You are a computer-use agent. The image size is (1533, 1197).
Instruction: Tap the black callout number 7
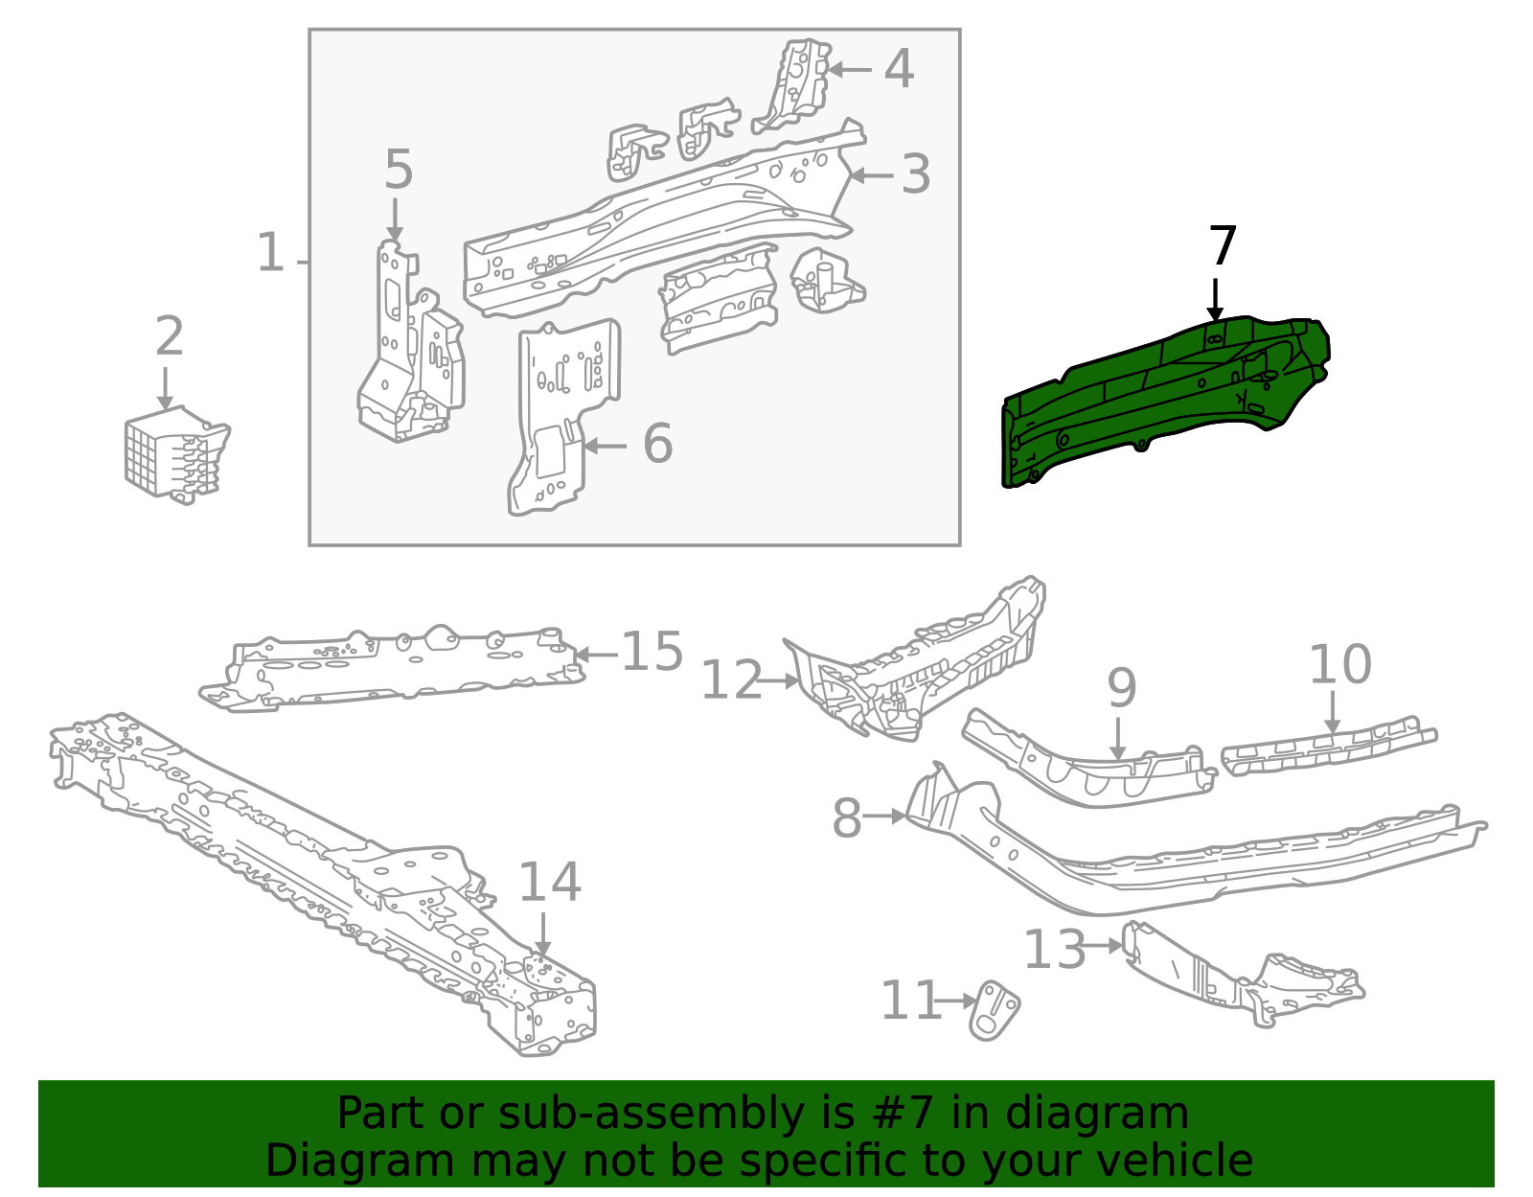1223,247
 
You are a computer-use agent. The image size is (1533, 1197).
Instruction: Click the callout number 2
170,337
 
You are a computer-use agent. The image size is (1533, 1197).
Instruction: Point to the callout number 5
398,171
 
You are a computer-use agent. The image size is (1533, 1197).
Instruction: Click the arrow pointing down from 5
395,220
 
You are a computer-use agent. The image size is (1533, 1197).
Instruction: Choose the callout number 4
899,69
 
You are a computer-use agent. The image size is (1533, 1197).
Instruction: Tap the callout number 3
916,175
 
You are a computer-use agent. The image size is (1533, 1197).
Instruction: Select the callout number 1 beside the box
271,254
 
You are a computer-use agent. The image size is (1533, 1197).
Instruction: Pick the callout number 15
652,653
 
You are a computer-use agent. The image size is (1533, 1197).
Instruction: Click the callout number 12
731,681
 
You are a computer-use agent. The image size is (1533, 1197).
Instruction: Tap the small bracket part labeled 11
995,1011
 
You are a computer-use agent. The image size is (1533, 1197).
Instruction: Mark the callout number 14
549,883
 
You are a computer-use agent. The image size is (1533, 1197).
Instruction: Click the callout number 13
1054,950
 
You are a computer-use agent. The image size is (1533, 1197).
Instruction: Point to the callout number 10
1339,665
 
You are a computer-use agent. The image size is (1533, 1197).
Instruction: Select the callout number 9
1121,689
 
